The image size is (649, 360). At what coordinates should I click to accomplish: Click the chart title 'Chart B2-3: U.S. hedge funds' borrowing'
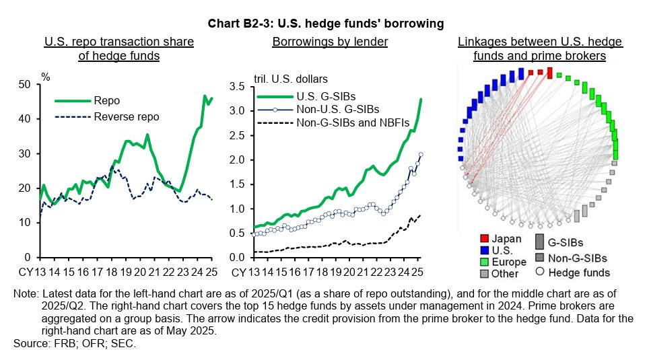[326, 24]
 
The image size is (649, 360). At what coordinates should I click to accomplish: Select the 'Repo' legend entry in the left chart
[107, 101]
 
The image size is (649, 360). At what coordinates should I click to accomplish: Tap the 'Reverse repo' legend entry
[127, 116]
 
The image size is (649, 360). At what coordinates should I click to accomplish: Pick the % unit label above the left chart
[46, 76]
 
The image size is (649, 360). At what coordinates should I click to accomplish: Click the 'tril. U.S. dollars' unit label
[290, 79]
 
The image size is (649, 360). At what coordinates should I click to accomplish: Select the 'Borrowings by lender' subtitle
[329, 42]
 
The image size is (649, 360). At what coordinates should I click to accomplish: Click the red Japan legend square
[483, 240]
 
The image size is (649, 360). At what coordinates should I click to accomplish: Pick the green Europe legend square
[483, 262]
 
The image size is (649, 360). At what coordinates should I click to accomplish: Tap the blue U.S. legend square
[483, 251]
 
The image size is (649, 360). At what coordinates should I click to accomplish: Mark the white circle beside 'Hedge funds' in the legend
[540, 273]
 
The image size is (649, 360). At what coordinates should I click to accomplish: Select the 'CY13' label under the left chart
[30, 272]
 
